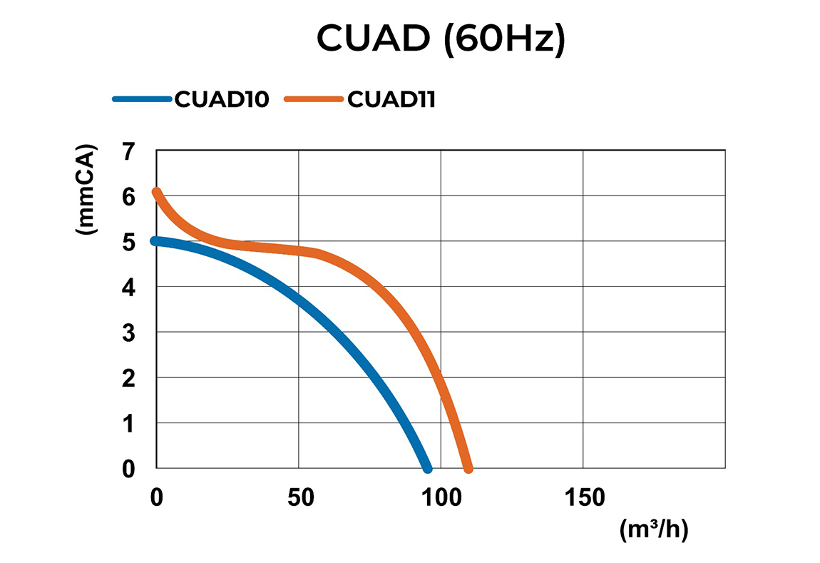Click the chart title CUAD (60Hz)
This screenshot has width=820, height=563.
click(x=441, y=40)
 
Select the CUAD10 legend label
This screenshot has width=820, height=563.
click(x=222, y=99)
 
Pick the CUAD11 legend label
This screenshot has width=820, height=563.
click(x=391, y=99)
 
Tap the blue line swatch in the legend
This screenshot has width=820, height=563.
click(x=142, y=99)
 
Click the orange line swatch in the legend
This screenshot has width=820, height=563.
click(x=314, y=99)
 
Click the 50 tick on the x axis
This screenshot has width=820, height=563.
click(x=301, y=497)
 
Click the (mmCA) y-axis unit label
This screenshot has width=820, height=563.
click(x=89, y=191)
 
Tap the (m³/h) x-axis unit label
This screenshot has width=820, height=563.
click(x=654, y=530)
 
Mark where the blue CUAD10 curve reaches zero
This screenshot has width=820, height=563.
click(x=427, y=468)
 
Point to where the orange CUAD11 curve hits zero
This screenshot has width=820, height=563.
click(x=468, y=468)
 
